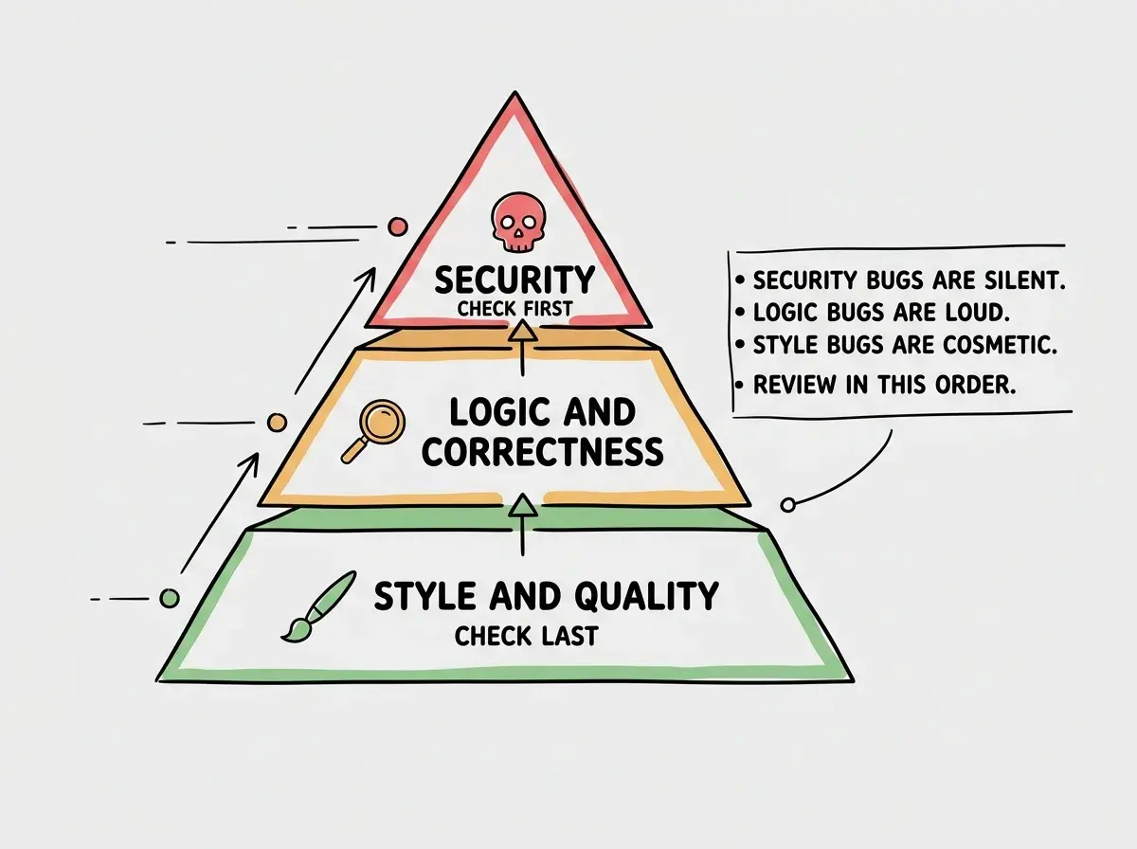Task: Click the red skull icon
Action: (518, 223)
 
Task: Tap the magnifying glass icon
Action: (374, 430)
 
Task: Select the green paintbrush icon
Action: (317, 607)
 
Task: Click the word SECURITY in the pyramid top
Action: (514, 280)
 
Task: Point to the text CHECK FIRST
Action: (514, 309)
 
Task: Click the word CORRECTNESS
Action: (542, 451)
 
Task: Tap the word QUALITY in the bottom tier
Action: (646, 596)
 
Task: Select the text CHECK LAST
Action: (526, 637)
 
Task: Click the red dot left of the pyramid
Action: (398, 226)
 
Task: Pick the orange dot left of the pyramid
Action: (277, 423)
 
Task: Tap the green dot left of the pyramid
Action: (170, 598)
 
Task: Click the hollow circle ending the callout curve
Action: (788, 504)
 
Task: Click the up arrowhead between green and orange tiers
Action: (522, 505)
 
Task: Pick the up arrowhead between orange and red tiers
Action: (522, 331)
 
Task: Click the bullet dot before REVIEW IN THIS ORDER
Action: (740, 386)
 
